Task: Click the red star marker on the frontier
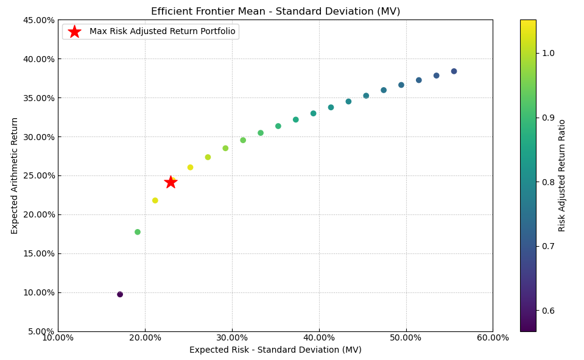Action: (171, 182)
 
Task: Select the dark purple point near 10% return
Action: (120, 294)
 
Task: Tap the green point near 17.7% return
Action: (138, 232)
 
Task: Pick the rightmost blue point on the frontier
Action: (454, 71)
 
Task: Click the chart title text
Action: (275, 12)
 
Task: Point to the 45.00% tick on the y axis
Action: (38, 20)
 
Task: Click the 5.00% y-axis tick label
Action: (40, 331)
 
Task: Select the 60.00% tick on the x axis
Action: (493, 338)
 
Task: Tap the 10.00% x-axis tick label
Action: (58, 338)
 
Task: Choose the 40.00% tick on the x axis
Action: (319, 338)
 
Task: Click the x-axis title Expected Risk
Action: (275, 350)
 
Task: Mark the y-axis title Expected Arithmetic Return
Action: (15, 175)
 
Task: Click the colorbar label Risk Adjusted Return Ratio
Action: (562, 175)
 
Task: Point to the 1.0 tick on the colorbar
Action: (548, 53)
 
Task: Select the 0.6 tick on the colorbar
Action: (548, 311)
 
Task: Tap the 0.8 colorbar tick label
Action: (548, 182)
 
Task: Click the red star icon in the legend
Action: (74, 32)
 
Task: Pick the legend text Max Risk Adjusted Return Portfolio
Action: (162, 32)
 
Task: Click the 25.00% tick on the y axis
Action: (38, 175)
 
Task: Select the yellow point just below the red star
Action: (155, 200)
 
